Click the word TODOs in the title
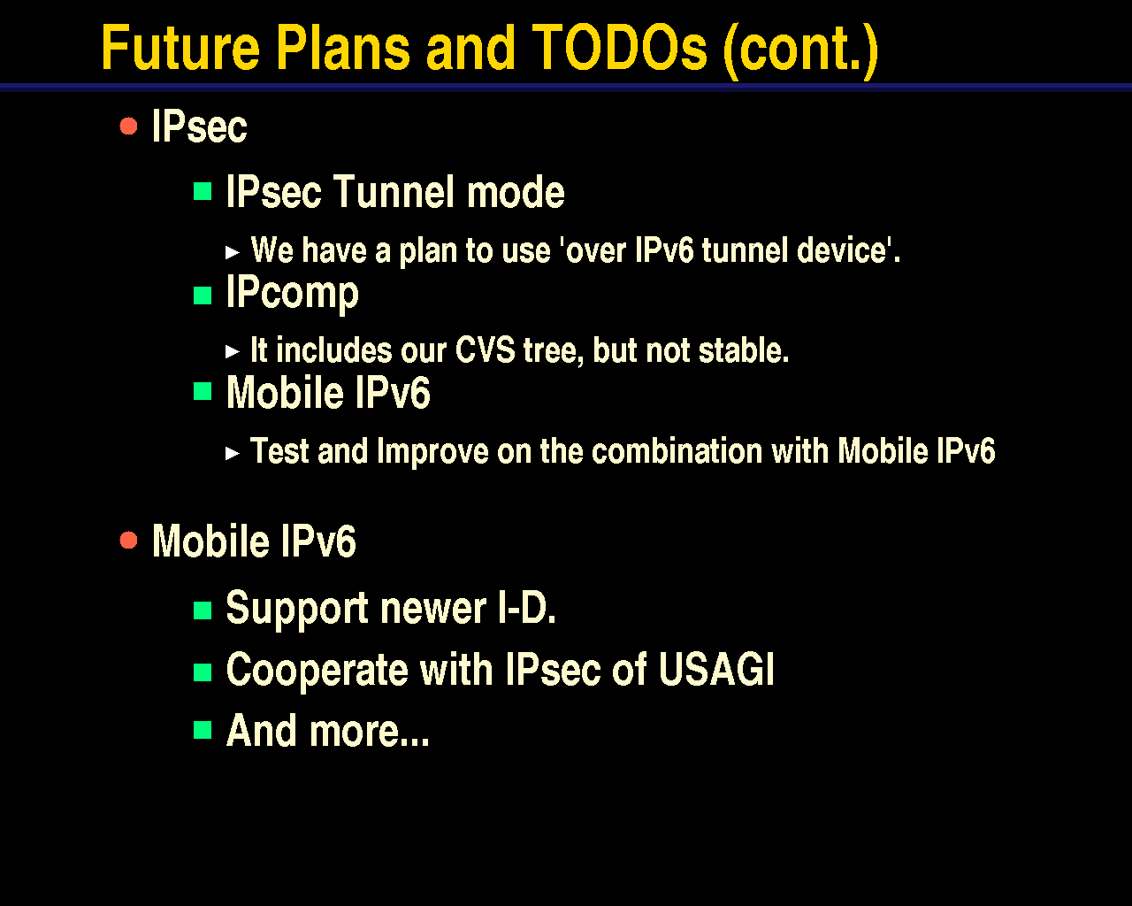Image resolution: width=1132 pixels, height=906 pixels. (620, 48)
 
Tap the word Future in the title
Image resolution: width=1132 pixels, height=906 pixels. (180, 48)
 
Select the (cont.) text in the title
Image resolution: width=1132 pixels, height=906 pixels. (800, 50)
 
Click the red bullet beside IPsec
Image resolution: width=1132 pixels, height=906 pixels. (128, 127)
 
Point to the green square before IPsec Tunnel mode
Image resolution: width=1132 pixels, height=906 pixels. (203, 191)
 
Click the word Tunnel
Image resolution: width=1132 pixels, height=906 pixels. (394, 192)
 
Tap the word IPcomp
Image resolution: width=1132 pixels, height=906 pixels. (293, 295)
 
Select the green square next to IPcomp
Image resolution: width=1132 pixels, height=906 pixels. (203, 296)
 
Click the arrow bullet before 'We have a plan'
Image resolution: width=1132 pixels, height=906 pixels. (233, 253)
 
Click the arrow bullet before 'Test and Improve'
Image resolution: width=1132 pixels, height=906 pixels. (233, 453)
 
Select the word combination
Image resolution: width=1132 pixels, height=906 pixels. (677, 451)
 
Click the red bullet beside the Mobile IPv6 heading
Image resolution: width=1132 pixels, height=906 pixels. (128, 540)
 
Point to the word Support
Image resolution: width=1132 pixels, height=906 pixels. (297, 609)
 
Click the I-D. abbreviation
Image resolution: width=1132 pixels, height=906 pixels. (527, 608)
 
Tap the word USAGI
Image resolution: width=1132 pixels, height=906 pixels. (716, 669)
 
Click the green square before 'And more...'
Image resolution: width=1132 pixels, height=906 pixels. (203, 730)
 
